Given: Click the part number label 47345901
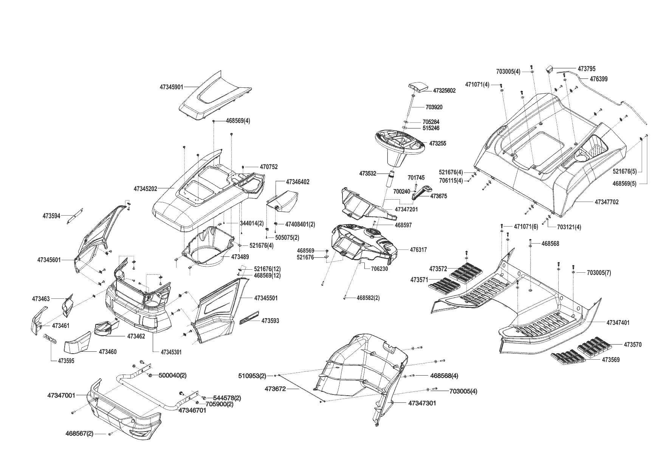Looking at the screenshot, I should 171,87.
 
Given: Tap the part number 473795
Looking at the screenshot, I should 586,69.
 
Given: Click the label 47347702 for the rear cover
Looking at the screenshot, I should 606,202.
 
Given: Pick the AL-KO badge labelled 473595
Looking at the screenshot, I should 50,339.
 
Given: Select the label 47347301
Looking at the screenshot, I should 422,403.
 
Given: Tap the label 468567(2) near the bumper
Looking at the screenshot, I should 79,434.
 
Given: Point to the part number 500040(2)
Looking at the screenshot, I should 172,375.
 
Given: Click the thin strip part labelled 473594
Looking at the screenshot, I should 75,216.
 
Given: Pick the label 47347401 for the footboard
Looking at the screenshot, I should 618,323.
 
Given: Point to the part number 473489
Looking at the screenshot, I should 240,257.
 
